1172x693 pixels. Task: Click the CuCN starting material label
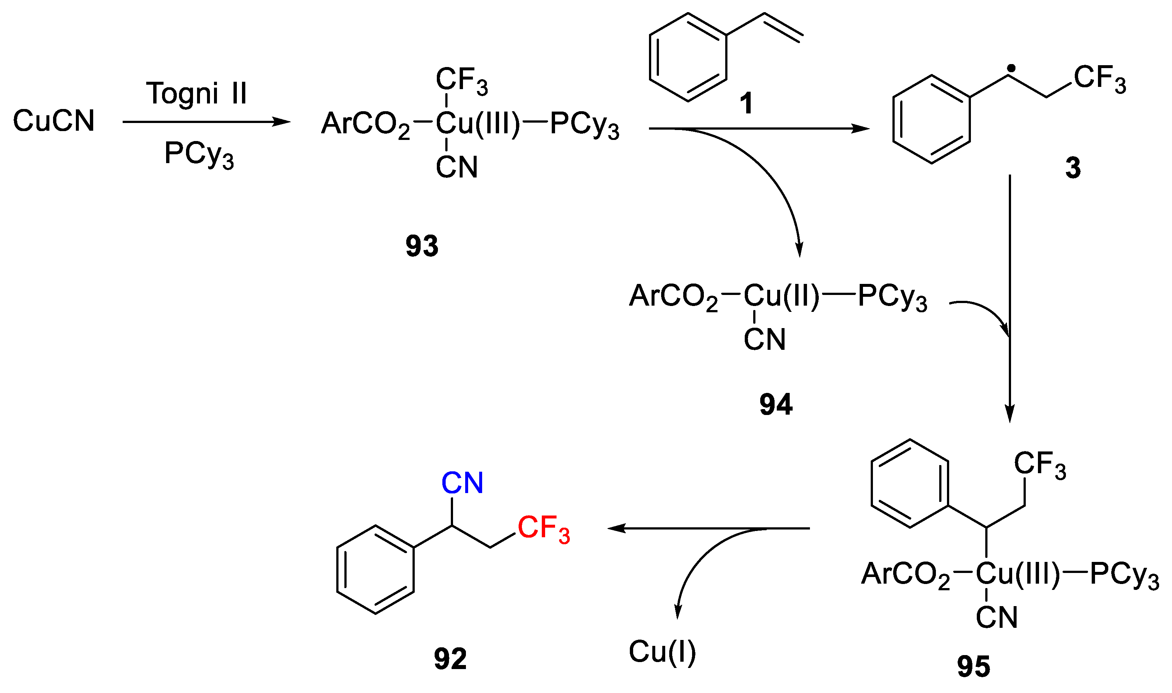(54, 121)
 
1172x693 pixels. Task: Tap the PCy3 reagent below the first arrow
(199, 155)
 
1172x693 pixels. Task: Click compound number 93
(422, 246)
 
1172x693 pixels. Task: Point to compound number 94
(776, 404)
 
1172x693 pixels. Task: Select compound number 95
(973, 666)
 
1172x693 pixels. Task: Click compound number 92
(450, 659)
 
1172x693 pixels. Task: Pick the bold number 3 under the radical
(1073, 168)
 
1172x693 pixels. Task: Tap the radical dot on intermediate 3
(1011, 68)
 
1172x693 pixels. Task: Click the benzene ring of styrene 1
(688, 57)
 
